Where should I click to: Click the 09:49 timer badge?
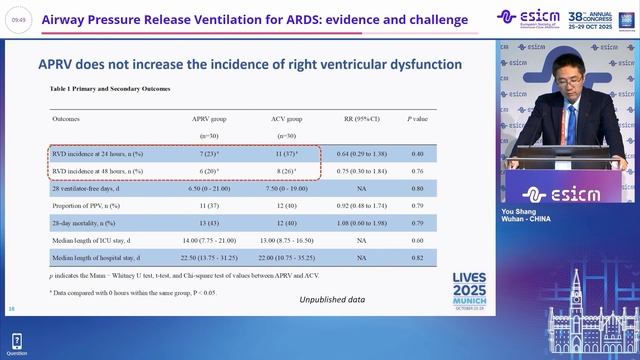(x=20, y=19)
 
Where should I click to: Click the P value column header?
(x=416, y=118)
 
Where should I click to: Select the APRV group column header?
(x=210, y=118)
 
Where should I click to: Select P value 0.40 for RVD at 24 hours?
(x=417, y=154)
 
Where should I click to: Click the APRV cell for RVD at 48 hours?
(x=210, y=171)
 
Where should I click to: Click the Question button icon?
(x=16, y=342)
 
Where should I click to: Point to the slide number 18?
(x=11, y=309)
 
